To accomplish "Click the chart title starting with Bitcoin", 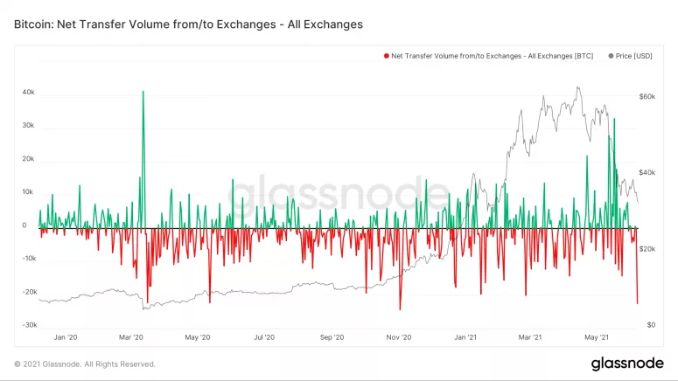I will coord(187,24).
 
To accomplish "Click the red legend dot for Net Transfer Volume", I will coord(386,56).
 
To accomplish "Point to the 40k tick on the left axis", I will coord(28,91).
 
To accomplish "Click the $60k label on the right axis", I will coord(647,97).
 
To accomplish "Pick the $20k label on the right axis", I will coord(647,249).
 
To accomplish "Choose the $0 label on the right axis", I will coord(650,325).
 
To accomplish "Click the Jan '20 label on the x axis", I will coord(66,336).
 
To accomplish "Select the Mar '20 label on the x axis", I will coord(130,336).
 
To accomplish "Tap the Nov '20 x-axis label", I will coord(399,336).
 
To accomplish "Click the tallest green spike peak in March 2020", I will coord(143,91).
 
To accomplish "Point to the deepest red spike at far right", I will coord(638,303).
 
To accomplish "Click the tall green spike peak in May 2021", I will coord(614,119).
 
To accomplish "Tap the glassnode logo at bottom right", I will coord(626,364).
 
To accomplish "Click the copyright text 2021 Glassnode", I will coord(85,364).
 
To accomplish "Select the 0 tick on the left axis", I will coord(24,225).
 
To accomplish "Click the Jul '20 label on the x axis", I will coord(264,336).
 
